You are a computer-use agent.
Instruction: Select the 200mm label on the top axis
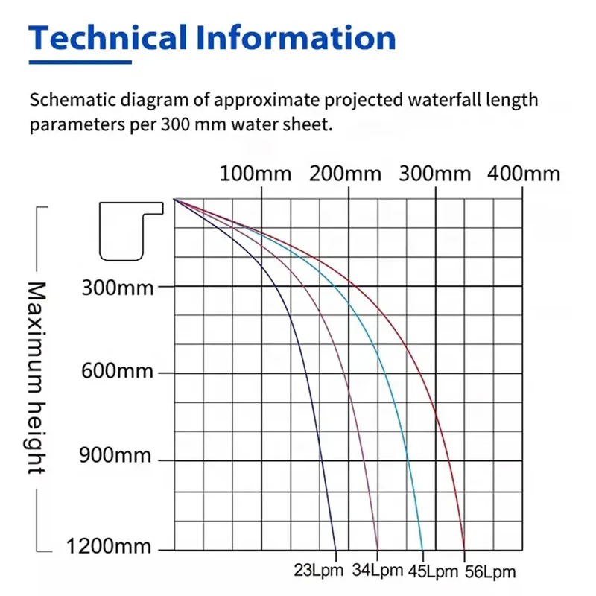coord(345,174)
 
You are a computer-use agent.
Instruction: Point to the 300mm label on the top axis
coord(435,174)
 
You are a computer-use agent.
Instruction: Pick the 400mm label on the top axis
coord(524,174)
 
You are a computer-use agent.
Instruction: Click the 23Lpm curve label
coord(319,571)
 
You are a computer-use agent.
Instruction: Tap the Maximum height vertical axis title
coord(36,377)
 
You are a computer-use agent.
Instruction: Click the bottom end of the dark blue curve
coord(336,549)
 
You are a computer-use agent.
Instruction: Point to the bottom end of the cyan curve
coord(422,549)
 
